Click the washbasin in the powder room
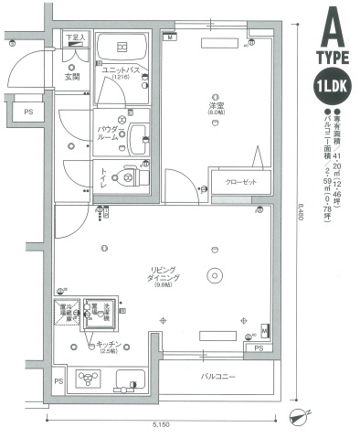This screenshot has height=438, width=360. point(140,138)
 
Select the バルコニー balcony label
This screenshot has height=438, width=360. point(219,375)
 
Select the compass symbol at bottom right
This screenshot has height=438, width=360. point(299,419)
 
